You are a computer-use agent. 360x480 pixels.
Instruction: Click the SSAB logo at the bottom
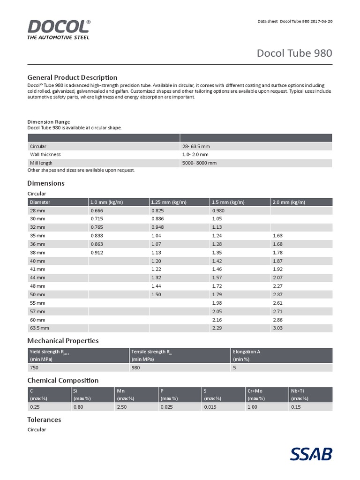click(x=311, y=454)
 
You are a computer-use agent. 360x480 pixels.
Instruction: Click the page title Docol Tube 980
click(x=294, y=53)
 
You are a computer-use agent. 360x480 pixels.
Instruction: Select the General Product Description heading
click(x=72, y=77)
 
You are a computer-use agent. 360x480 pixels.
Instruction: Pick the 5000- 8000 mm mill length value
click(x=199, y=163)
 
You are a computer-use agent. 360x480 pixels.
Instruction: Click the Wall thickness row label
click(x=45, y=154)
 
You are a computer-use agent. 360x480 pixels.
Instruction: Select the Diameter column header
click(x=40, y=202)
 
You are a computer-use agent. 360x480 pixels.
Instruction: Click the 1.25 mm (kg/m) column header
click(x=169, y=202)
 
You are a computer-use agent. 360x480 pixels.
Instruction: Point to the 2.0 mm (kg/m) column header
click(x=289, y=202)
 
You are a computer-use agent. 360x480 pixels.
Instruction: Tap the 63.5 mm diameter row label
click(x=39, y=328)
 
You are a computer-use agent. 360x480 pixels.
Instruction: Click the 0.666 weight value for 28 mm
click(x=97, y=210)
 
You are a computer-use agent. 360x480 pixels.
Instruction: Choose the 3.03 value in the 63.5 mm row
click(x=278, y=328)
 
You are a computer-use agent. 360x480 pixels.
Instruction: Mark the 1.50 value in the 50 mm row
click(x=157, y=294)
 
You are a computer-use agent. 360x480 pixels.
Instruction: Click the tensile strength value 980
click(x=136, y=368)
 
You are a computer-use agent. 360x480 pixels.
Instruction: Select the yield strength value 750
click(x=34, y=368)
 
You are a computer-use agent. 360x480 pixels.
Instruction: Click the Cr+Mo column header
click(x=255, y=391)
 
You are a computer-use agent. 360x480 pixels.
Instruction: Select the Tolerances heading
click(x=44, y=420)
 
